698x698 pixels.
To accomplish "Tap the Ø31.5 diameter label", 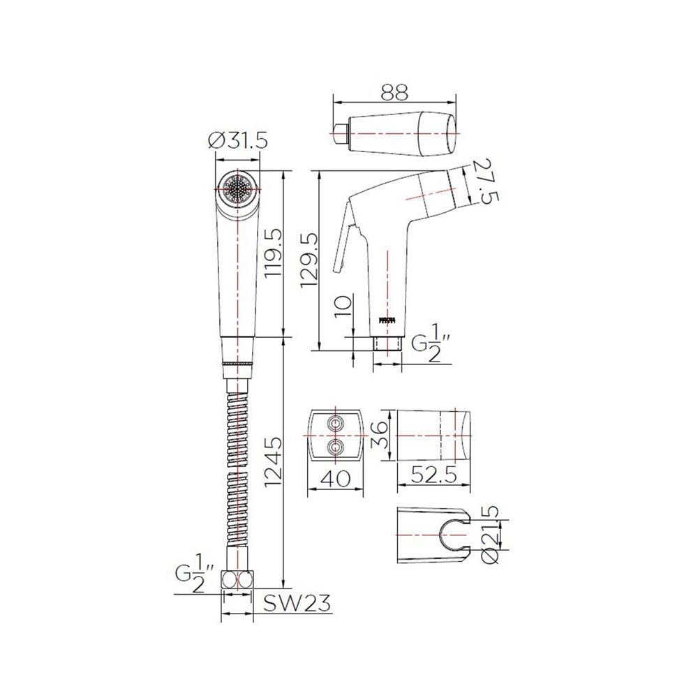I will pos(239,140).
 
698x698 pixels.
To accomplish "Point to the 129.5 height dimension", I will pos(309,260).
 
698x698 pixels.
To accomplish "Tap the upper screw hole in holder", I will pos(336,424).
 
